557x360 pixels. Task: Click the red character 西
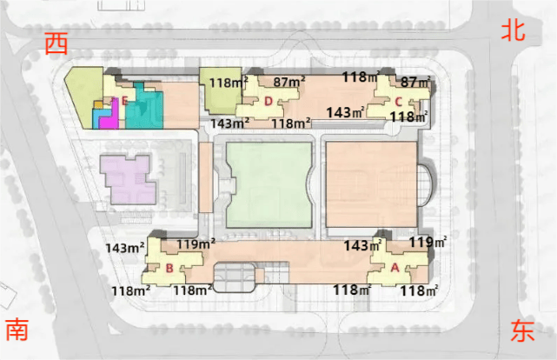(56, 43)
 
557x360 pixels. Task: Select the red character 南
(17, 330)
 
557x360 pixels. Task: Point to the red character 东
(522, 330)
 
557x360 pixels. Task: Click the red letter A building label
(395, 267)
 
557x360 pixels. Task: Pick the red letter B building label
(169, 268)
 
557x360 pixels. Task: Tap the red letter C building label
(398, 102)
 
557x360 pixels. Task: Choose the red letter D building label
(269, 101)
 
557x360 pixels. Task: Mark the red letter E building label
(124, 101)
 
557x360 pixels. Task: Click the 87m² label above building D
(288, 82)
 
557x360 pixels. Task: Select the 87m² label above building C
(415, 82)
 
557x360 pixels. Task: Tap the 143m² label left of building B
(125, 247)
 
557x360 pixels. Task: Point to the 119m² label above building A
(428, 243)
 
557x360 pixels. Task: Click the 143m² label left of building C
(346, 112)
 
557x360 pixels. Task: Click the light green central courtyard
(269, 185)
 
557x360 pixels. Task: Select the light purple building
(129, 179)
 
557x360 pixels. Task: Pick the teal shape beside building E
(144, 107)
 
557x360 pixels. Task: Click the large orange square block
(371, 184)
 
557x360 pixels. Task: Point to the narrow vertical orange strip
(206, 177)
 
